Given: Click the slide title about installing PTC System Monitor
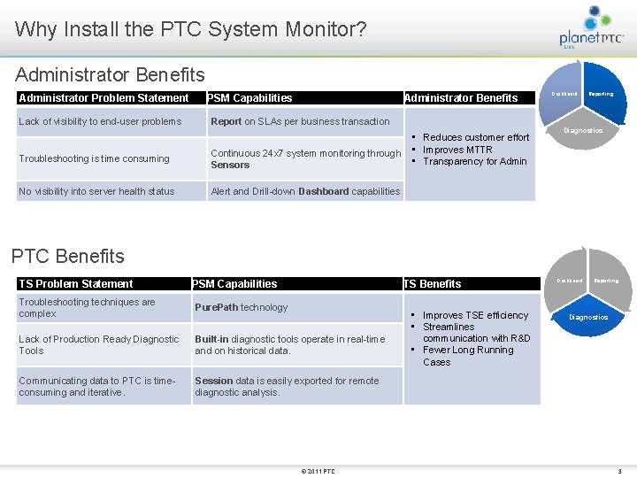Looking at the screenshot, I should pos(190,29).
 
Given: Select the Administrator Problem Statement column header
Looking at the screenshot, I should pos(104,98).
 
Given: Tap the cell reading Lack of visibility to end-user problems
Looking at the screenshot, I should pos(100,121).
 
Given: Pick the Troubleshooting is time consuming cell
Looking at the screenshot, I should pos(94,158).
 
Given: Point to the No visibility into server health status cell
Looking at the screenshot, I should pos(96,191).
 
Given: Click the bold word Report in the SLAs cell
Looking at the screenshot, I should pos(226,121).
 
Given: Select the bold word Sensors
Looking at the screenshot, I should pos(230,165).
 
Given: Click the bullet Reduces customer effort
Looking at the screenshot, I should pos(476,137).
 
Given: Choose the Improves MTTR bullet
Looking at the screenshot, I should pos(457,150).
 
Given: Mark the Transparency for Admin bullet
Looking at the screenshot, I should pos(474,161).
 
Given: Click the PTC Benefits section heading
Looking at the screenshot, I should pos(68,257).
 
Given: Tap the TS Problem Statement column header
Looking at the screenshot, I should pos(76,284).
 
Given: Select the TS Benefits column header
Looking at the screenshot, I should pos(433,284).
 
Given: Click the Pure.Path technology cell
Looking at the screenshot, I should pos(241,307).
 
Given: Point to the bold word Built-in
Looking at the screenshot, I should pos(213,339).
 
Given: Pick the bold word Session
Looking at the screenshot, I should pos(213,381).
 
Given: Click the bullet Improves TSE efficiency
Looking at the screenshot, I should pos(475,315).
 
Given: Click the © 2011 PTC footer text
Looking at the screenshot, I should pos(318,471).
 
